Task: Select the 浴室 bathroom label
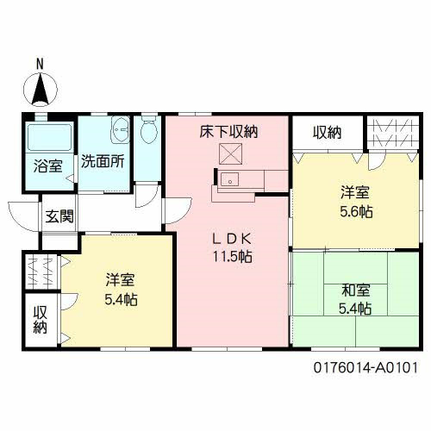click(47, 166)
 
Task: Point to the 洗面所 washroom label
click(102, 161)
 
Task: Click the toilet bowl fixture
click(149, 131)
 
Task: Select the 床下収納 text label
click(229, 132)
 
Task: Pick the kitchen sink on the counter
click(230, 180)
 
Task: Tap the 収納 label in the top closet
click(327, 132)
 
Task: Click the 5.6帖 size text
click(355, 210)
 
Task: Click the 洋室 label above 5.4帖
click(121, 281)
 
